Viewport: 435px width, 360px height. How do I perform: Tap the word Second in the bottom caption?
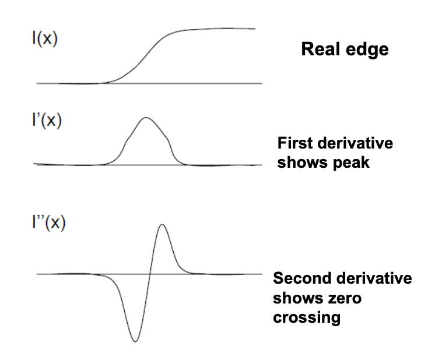tap(301, 278)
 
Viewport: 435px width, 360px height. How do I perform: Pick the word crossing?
tap(307, 318)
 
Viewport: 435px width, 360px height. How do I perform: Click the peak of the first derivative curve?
tap(145, 118)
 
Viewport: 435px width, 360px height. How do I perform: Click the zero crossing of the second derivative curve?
tap(149, 274)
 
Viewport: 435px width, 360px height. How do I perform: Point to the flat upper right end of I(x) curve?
tap(245, 29)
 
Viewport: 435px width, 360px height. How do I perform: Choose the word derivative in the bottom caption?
tap(378, 278)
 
